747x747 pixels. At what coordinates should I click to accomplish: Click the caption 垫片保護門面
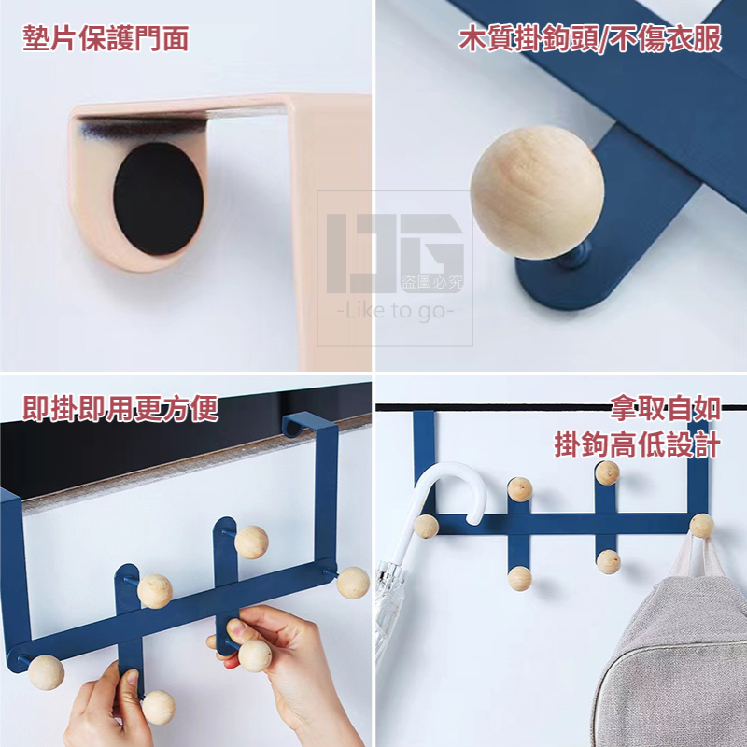pyautogui.click(x=106, y=38)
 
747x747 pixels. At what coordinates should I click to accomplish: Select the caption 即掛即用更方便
pyautogui.click(x=120, y=408)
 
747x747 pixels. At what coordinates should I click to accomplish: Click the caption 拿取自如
pyautogui.click(x=665, y=409)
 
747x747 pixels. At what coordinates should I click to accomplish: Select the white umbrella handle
pyautogui.click(x=451, y=495)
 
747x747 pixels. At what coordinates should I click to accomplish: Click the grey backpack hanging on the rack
pyautogui.click(x=672, y=654)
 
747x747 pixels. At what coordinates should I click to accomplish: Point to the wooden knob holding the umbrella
pyautogui.click(x=427, y=527)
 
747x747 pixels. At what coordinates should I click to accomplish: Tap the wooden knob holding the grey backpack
pyautogui.click(x=701, y=526)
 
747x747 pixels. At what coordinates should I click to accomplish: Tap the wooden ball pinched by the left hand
pyautogui.click(x=158, y=706)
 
